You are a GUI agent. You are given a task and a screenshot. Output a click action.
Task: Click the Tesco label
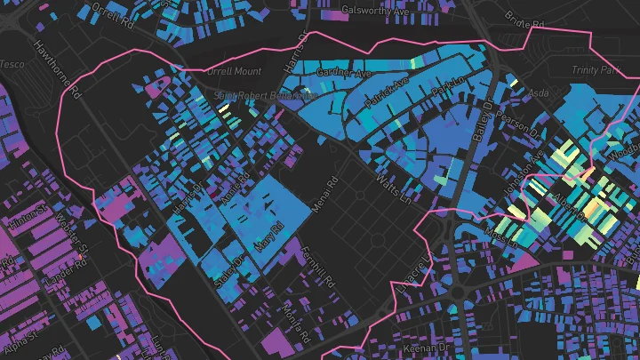12,64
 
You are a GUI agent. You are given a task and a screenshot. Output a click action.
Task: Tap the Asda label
540,92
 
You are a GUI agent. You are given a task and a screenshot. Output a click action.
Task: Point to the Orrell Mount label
234,70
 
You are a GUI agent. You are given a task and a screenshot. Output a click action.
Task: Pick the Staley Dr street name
229,268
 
